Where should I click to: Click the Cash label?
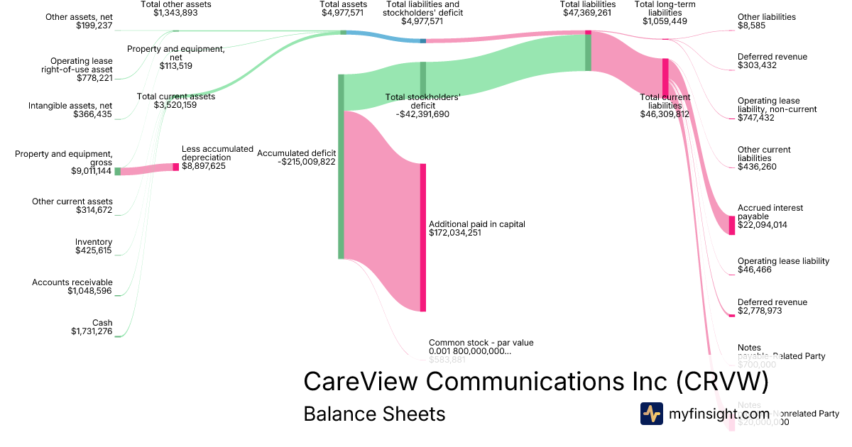coord(102,323)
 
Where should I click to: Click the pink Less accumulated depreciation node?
coord(176,167)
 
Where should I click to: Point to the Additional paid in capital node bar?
coord(423,237)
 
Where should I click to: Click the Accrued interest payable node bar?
coord(732,225)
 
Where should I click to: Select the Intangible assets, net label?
coord(70,105)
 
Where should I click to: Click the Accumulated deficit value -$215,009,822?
coord(306,162)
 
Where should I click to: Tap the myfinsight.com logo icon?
coord(651,414)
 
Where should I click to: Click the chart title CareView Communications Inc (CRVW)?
coord(536,381)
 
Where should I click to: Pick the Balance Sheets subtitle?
coord(374,414)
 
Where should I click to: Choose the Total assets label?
coord(343,4)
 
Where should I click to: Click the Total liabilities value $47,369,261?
coord(587,13)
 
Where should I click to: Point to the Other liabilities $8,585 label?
coord(767,17)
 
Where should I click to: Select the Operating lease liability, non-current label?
coord(777,105)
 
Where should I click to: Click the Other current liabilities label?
coord(764,154)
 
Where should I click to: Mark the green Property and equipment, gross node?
coord(118,171)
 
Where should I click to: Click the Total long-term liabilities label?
coord(665,9)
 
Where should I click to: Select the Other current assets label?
coord(72,202)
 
